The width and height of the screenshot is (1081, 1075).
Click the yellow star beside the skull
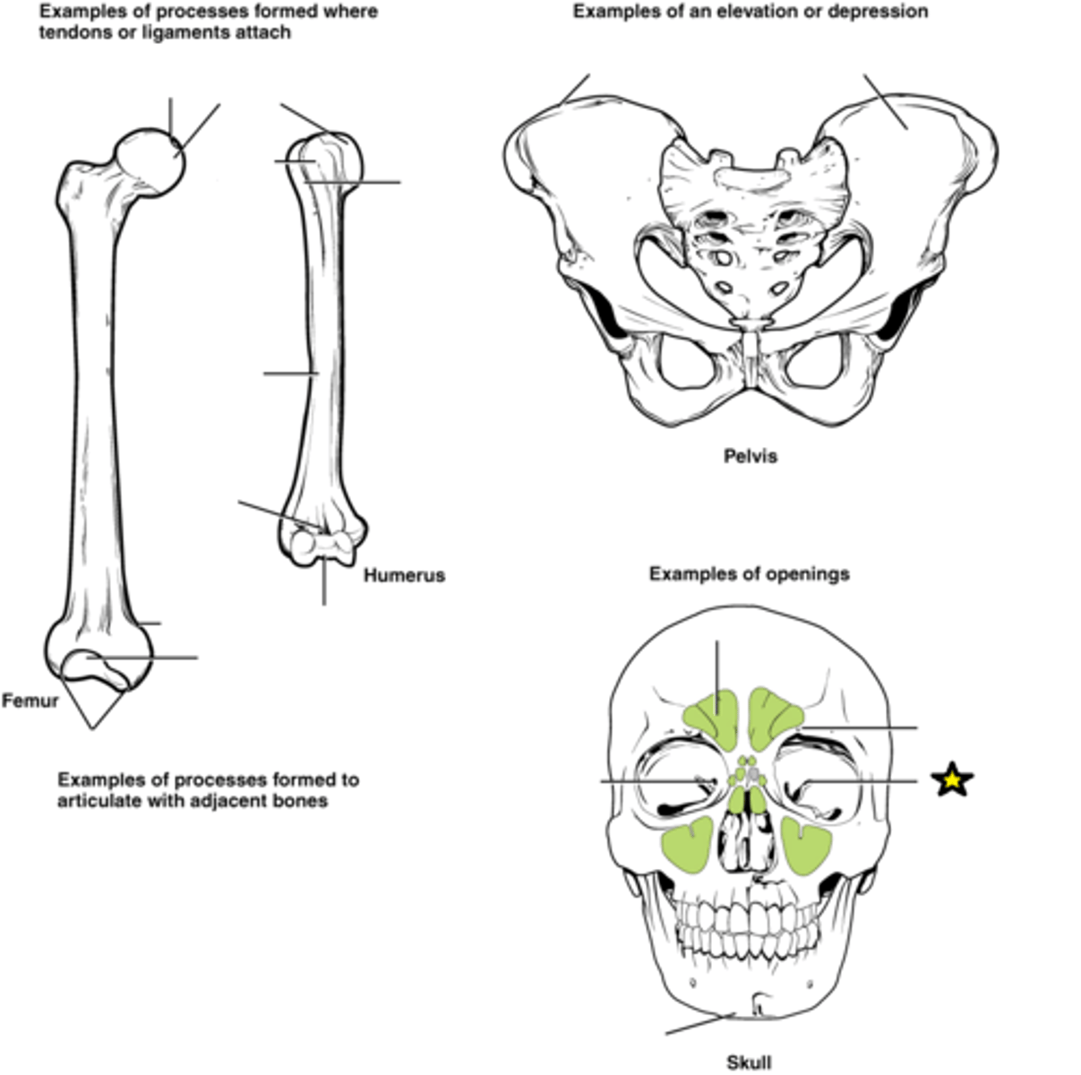point(951,779)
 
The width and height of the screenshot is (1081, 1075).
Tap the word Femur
point(30,701)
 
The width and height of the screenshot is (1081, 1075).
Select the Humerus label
point(404,575)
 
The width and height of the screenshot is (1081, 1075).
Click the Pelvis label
point(750,456)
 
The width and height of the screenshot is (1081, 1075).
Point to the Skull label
point(749,1062)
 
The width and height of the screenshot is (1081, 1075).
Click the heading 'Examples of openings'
point(749,573)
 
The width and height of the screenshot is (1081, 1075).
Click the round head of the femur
point(150,162)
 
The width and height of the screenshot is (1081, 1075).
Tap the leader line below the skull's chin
point(701,1023)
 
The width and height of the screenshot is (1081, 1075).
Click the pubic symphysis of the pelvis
point(751,359)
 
